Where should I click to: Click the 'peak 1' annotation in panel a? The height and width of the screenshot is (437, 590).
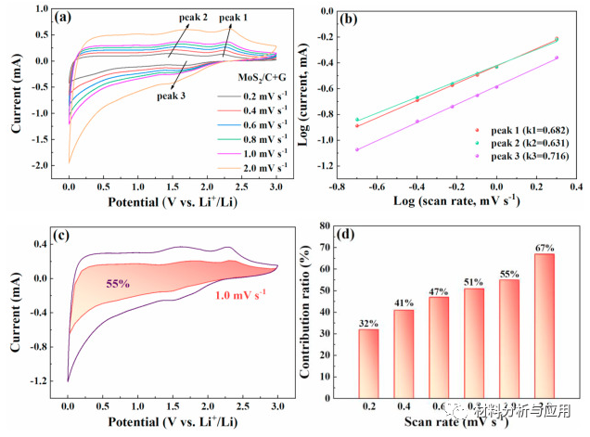234,18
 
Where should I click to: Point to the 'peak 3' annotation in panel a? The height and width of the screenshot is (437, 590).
171,95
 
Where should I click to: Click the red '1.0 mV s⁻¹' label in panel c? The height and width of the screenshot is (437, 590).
228,294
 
